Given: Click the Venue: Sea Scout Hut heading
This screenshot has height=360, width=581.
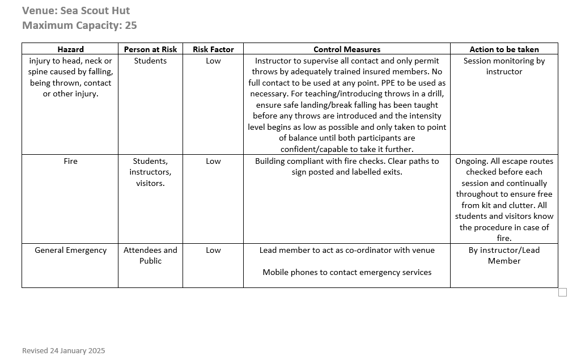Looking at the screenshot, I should tap(76, 11).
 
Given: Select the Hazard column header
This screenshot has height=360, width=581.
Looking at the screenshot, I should tap(70, 49).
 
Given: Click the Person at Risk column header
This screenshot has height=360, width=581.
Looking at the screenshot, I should tap(150, 49).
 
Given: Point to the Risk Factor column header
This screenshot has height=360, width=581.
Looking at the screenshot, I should tap(213, 49).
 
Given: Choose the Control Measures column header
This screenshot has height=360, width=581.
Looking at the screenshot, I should tap(347, 49).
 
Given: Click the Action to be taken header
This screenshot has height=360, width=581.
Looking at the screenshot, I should tap(504, 49).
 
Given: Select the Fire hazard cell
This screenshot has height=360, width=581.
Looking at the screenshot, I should tap(70, 161).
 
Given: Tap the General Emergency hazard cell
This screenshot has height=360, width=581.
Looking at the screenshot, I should tap(70, 250).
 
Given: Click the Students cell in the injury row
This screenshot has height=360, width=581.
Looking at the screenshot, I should tap(150, 61).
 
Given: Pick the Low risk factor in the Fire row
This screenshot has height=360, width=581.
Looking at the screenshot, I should tap(213, 161).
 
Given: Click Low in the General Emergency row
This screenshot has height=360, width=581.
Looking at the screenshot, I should tap(213, 250).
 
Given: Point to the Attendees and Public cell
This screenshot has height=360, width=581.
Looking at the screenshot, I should tap(150, 255).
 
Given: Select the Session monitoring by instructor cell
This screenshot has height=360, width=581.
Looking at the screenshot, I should tap(504, 66).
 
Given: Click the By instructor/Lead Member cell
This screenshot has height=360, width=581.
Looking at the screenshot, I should tap(504, 255).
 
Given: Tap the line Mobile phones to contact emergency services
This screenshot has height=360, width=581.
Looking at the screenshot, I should tap(347, 272).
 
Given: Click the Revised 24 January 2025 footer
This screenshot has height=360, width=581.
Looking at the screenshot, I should tap(63, 351).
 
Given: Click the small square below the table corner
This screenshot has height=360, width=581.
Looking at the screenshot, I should tap(562, 292).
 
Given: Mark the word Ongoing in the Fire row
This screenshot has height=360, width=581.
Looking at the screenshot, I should tap(472, 161).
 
